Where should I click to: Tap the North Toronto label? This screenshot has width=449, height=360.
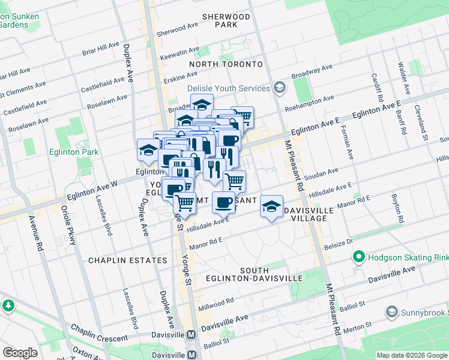point(226,64)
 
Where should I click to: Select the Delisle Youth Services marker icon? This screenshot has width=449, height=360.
point(279,88)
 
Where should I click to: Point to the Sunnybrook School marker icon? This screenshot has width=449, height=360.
point(392,312)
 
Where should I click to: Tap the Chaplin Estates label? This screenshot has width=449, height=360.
point(127,260)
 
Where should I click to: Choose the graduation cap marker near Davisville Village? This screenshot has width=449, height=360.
point(272,207)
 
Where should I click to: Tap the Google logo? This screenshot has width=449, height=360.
point(20,353)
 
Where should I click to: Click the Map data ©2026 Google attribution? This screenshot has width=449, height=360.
point(411,355)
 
